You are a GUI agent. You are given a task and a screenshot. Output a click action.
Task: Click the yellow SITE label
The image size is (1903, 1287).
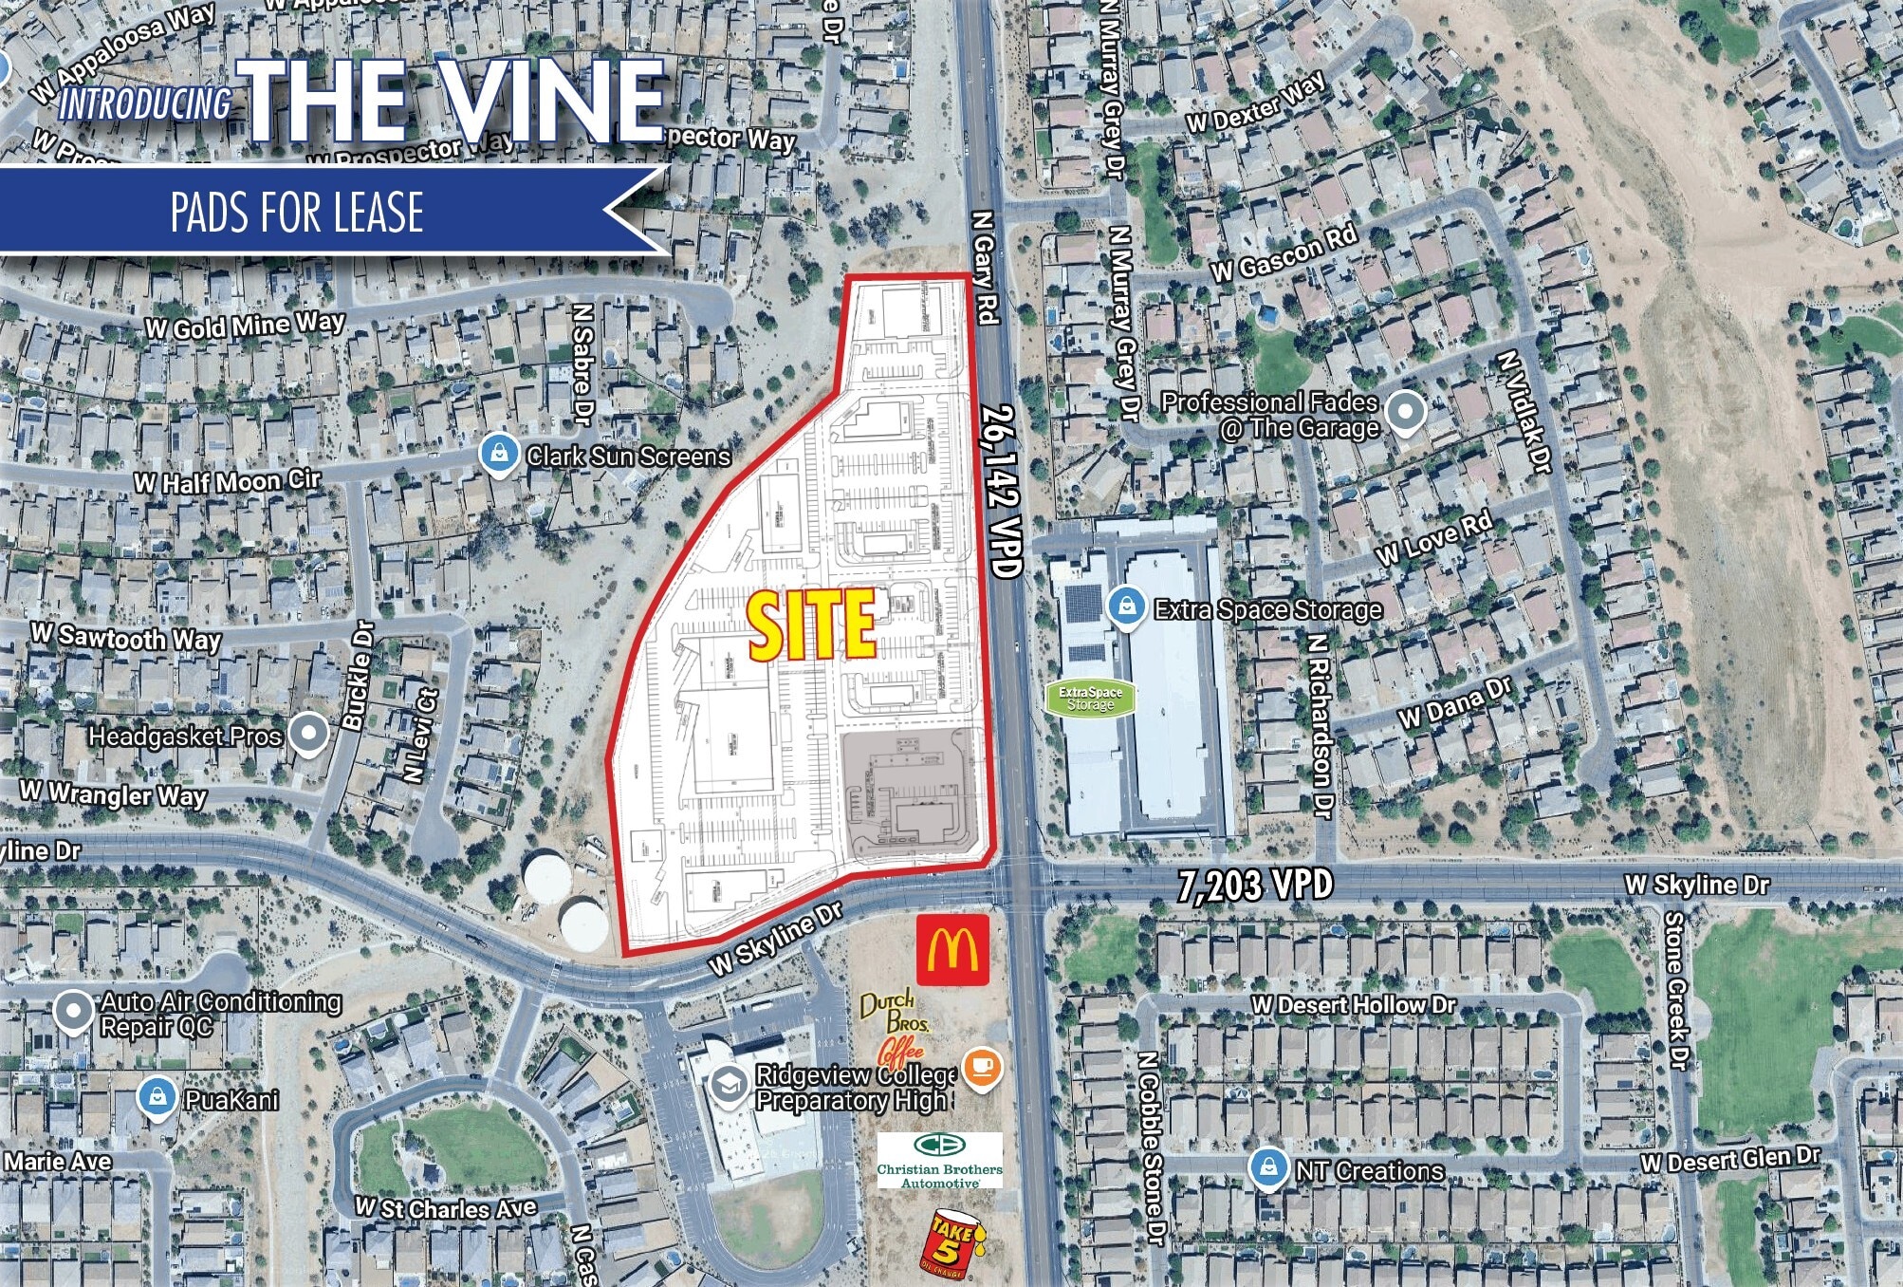click(x=812, y=625)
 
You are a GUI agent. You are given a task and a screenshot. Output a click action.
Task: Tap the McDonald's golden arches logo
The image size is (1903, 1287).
click(x=952, y=950)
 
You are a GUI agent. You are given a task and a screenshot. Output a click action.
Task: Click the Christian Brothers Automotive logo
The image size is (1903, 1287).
click(x=939, y=1160)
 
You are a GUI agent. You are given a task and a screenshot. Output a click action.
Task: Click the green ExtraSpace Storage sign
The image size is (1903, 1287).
click(x=1090, y=698)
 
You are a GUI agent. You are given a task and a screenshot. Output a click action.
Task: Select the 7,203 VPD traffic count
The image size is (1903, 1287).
click(x=1254, y=886)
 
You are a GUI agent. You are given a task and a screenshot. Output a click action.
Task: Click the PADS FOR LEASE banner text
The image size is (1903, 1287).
click(x=297, y=212)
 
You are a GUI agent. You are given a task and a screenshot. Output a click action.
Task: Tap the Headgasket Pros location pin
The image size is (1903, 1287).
click(x=308, y=733)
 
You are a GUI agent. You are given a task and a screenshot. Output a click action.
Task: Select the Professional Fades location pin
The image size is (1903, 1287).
click(x=1405, y=412)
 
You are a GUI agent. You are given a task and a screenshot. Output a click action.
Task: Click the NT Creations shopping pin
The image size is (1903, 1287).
click(x=1267, y=1167)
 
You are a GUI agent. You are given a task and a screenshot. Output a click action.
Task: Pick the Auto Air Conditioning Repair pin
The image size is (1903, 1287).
click(x=73, y=1012)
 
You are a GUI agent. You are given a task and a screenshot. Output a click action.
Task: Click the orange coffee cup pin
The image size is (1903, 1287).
click(x=982, y=1067)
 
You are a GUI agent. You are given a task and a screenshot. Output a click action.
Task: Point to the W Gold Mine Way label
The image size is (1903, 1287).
click(x=245, y=326)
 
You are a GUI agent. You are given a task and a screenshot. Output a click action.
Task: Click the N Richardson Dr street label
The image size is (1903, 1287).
click(x=1320, y=724)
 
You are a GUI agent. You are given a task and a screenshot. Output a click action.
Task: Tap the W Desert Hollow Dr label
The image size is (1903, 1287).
click(x=1353, y=1004)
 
